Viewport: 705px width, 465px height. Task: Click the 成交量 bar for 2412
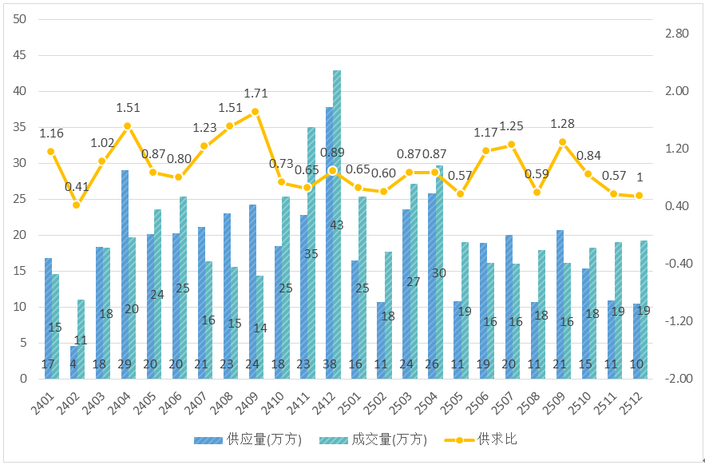(337, 192)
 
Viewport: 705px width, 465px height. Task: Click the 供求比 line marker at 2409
(255, 112)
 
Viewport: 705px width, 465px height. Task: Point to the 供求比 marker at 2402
(77, 205)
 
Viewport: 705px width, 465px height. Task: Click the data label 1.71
(255, 93)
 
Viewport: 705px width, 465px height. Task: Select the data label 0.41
(77, 187)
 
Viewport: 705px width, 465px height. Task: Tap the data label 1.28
(562, 123)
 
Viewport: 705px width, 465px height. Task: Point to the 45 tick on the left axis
(20, 55)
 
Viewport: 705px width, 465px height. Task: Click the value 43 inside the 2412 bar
(337, 225)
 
